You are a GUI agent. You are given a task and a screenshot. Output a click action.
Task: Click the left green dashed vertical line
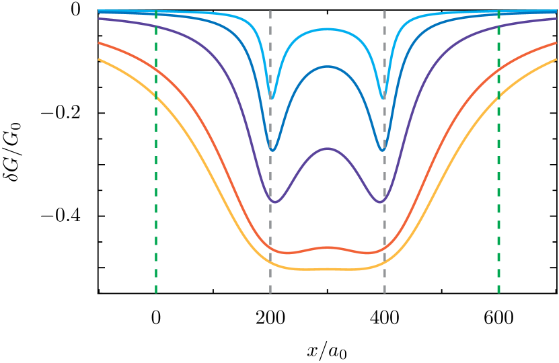click(156, 202)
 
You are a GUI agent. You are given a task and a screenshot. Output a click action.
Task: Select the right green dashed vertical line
click(498, 202)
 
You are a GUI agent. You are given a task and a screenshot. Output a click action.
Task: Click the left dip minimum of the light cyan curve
click(272, 98)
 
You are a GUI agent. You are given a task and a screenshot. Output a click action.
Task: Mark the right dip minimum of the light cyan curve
click(383, 98)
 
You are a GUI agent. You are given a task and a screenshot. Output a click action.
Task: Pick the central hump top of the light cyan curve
click(328, 29)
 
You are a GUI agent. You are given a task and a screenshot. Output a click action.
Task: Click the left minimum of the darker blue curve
click(272, 150)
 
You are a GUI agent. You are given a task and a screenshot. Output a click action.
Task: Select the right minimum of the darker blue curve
click(383, 150)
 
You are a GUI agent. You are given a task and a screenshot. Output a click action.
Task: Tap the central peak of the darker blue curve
click(328, 67)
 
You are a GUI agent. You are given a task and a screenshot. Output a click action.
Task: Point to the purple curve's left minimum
click(274, 202)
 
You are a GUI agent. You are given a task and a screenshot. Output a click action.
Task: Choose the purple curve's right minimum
click(380, 202)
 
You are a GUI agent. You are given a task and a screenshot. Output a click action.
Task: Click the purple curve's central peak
click(328, 149)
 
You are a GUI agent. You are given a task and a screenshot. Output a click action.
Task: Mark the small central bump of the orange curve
click(328, 247)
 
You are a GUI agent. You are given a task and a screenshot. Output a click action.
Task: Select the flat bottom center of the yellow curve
click(328, 269)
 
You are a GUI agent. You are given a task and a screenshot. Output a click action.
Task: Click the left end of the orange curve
click(100, 43)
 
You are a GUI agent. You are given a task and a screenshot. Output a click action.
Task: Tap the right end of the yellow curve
click(556, 60)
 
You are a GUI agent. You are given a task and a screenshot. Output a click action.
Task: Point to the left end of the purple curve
click(100, 19)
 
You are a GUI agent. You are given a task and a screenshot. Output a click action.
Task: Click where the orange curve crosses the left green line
click(156, 69)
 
